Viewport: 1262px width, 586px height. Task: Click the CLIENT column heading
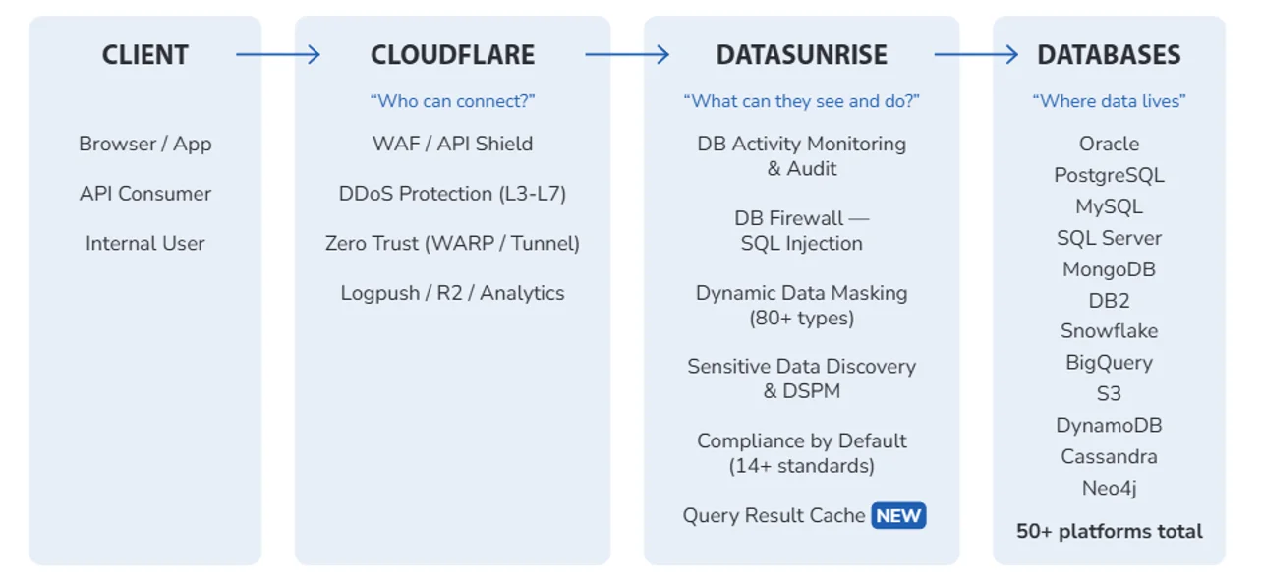tap(145, 55)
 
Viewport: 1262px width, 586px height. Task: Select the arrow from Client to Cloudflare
tap(278, 55)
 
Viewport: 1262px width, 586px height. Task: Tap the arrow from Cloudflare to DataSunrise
tap(627, 55)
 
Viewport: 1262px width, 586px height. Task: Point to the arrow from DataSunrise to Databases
tap(976, 55)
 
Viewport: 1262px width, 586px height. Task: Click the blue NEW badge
tap(898, 516)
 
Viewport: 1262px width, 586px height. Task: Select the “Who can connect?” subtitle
tap(452, 101)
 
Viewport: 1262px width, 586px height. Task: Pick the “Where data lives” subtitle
tap(1109, 101)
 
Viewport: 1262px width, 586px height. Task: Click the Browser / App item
tap(145, 145)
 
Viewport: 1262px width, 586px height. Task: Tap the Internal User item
tap(145, 244)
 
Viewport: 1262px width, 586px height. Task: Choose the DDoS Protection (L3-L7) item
tap(452, 194)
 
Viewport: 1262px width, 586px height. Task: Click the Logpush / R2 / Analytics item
tap(452, 293)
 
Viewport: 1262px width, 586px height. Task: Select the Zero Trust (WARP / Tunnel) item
tap(452, 244)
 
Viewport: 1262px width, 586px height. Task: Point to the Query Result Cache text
tap(774, 516)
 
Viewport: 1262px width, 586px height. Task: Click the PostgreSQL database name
tap(1109, 176)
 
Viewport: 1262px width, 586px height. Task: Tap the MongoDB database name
tap(1109, 269)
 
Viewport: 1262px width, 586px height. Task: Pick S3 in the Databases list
tap(1109, 394)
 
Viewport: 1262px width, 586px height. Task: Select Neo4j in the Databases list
tap(1109, 489)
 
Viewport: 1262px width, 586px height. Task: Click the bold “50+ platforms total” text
tap(1109, 532)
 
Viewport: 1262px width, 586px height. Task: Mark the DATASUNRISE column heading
tap(801, 55)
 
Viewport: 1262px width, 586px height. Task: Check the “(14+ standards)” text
tap(801, 466)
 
